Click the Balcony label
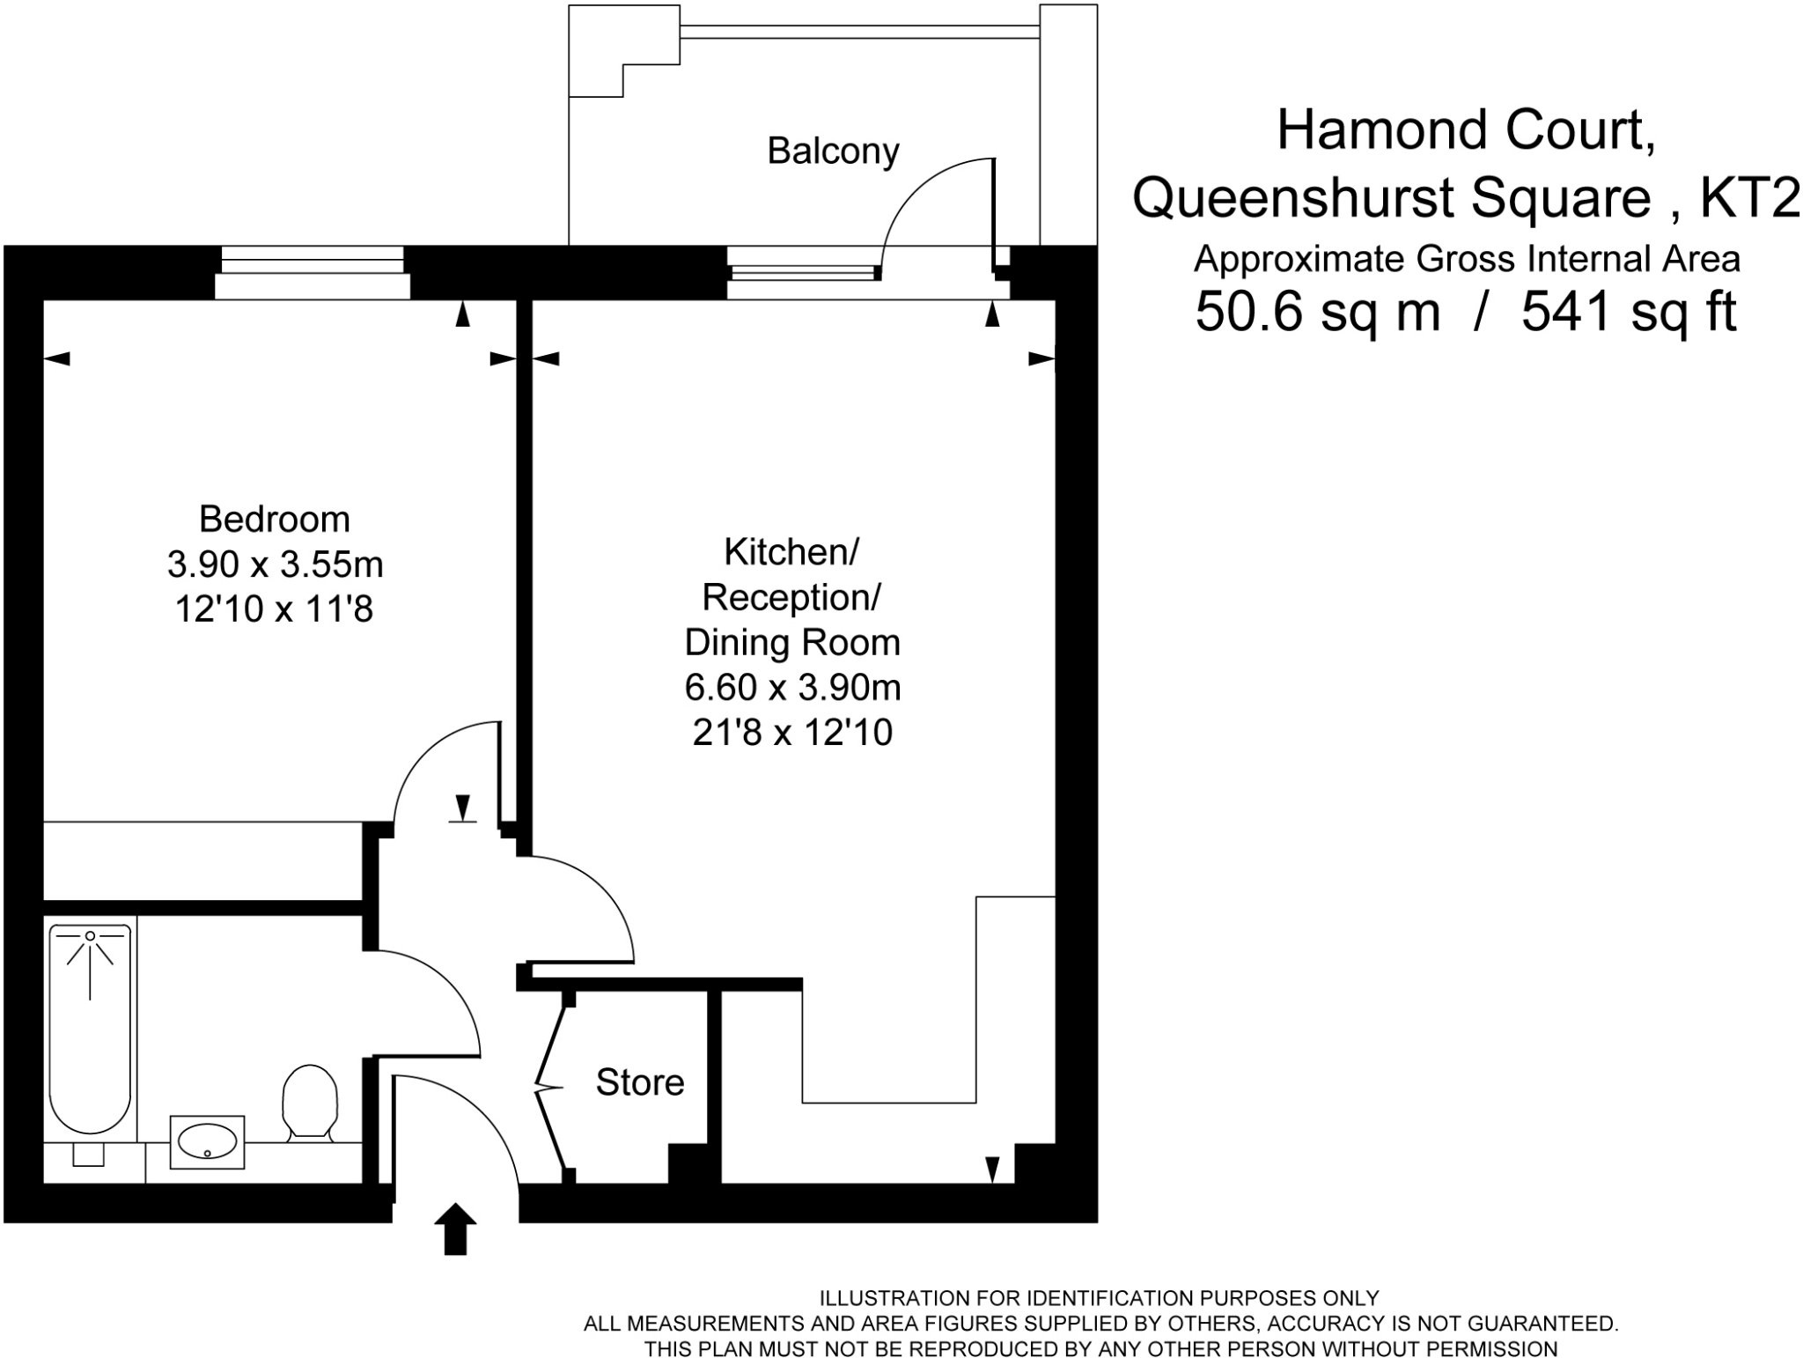(833, 151)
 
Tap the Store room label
(640, 1082)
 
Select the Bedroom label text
(275, 519)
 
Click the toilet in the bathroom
(310, 1102)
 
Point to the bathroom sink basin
(207, 1142)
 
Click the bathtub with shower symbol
(90, 1026)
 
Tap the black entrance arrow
(455, 1228)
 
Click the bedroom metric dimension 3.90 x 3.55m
(275, 565)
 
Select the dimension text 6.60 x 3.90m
(792, 688)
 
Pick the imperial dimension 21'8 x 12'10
(792, 733)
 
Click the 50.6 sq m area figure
(1317, 312)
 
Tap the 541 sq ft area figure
(1629, 312)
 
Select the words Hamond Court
(1466, 130)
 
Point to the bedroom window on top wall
(313, 272)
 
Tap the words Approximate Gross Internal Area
(1466, 260)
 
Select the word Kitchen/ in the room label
(791, 552)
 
